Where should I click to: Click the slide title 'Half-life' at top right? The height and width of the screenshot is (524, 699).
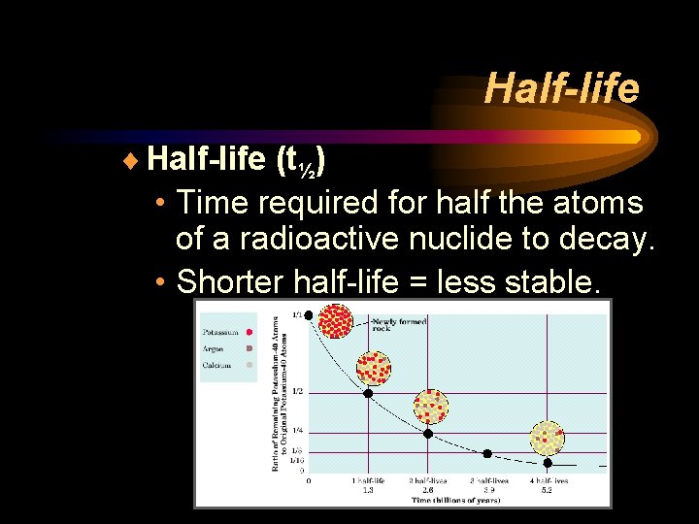click(x=562, y=88)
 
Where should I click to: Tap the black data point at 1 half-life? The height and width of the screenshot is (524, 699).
click(x=368, y=392)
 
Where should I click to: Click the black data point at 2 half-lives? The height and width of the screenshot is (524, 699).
click(x=428, y=433)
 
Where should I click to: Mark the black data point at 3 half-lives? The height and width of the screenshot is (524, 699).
click(x=487, y=453)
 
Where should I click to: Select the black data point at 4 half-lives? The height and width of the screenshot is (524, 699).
click(x=548, y=463)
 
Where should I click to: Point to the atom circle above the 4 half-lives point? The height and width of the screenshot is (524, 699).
click(x=548, y=439)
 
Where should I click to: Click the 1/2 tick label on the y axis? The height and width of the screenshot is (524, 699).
click(x=297, y=391)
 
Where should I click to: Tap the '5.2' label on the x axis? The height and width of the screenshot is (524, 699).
click(x=548, y=490)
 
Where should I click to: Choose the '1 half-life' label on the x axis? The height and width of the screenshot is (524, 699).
click(x=368, y=480)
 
